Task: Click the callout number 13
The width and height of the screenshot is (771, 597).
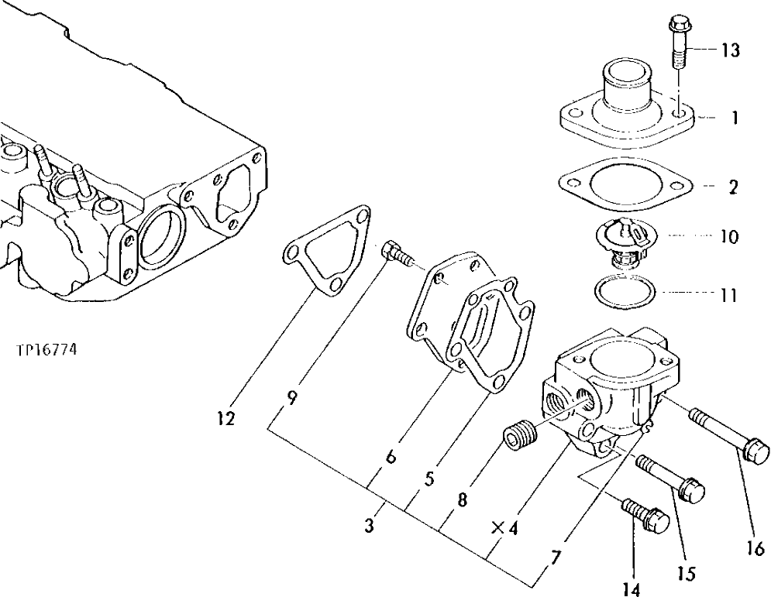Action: [729, 51]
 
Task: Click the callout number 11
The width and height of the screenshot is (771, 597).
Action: [728, 296]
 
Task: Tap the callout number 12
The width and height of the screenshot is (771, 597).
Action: [225, 419]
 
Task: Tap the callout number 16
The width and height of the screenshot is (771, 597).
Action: [756, 547]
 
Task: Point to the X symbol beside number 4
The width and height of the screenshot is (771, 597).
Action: [497, 528]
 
